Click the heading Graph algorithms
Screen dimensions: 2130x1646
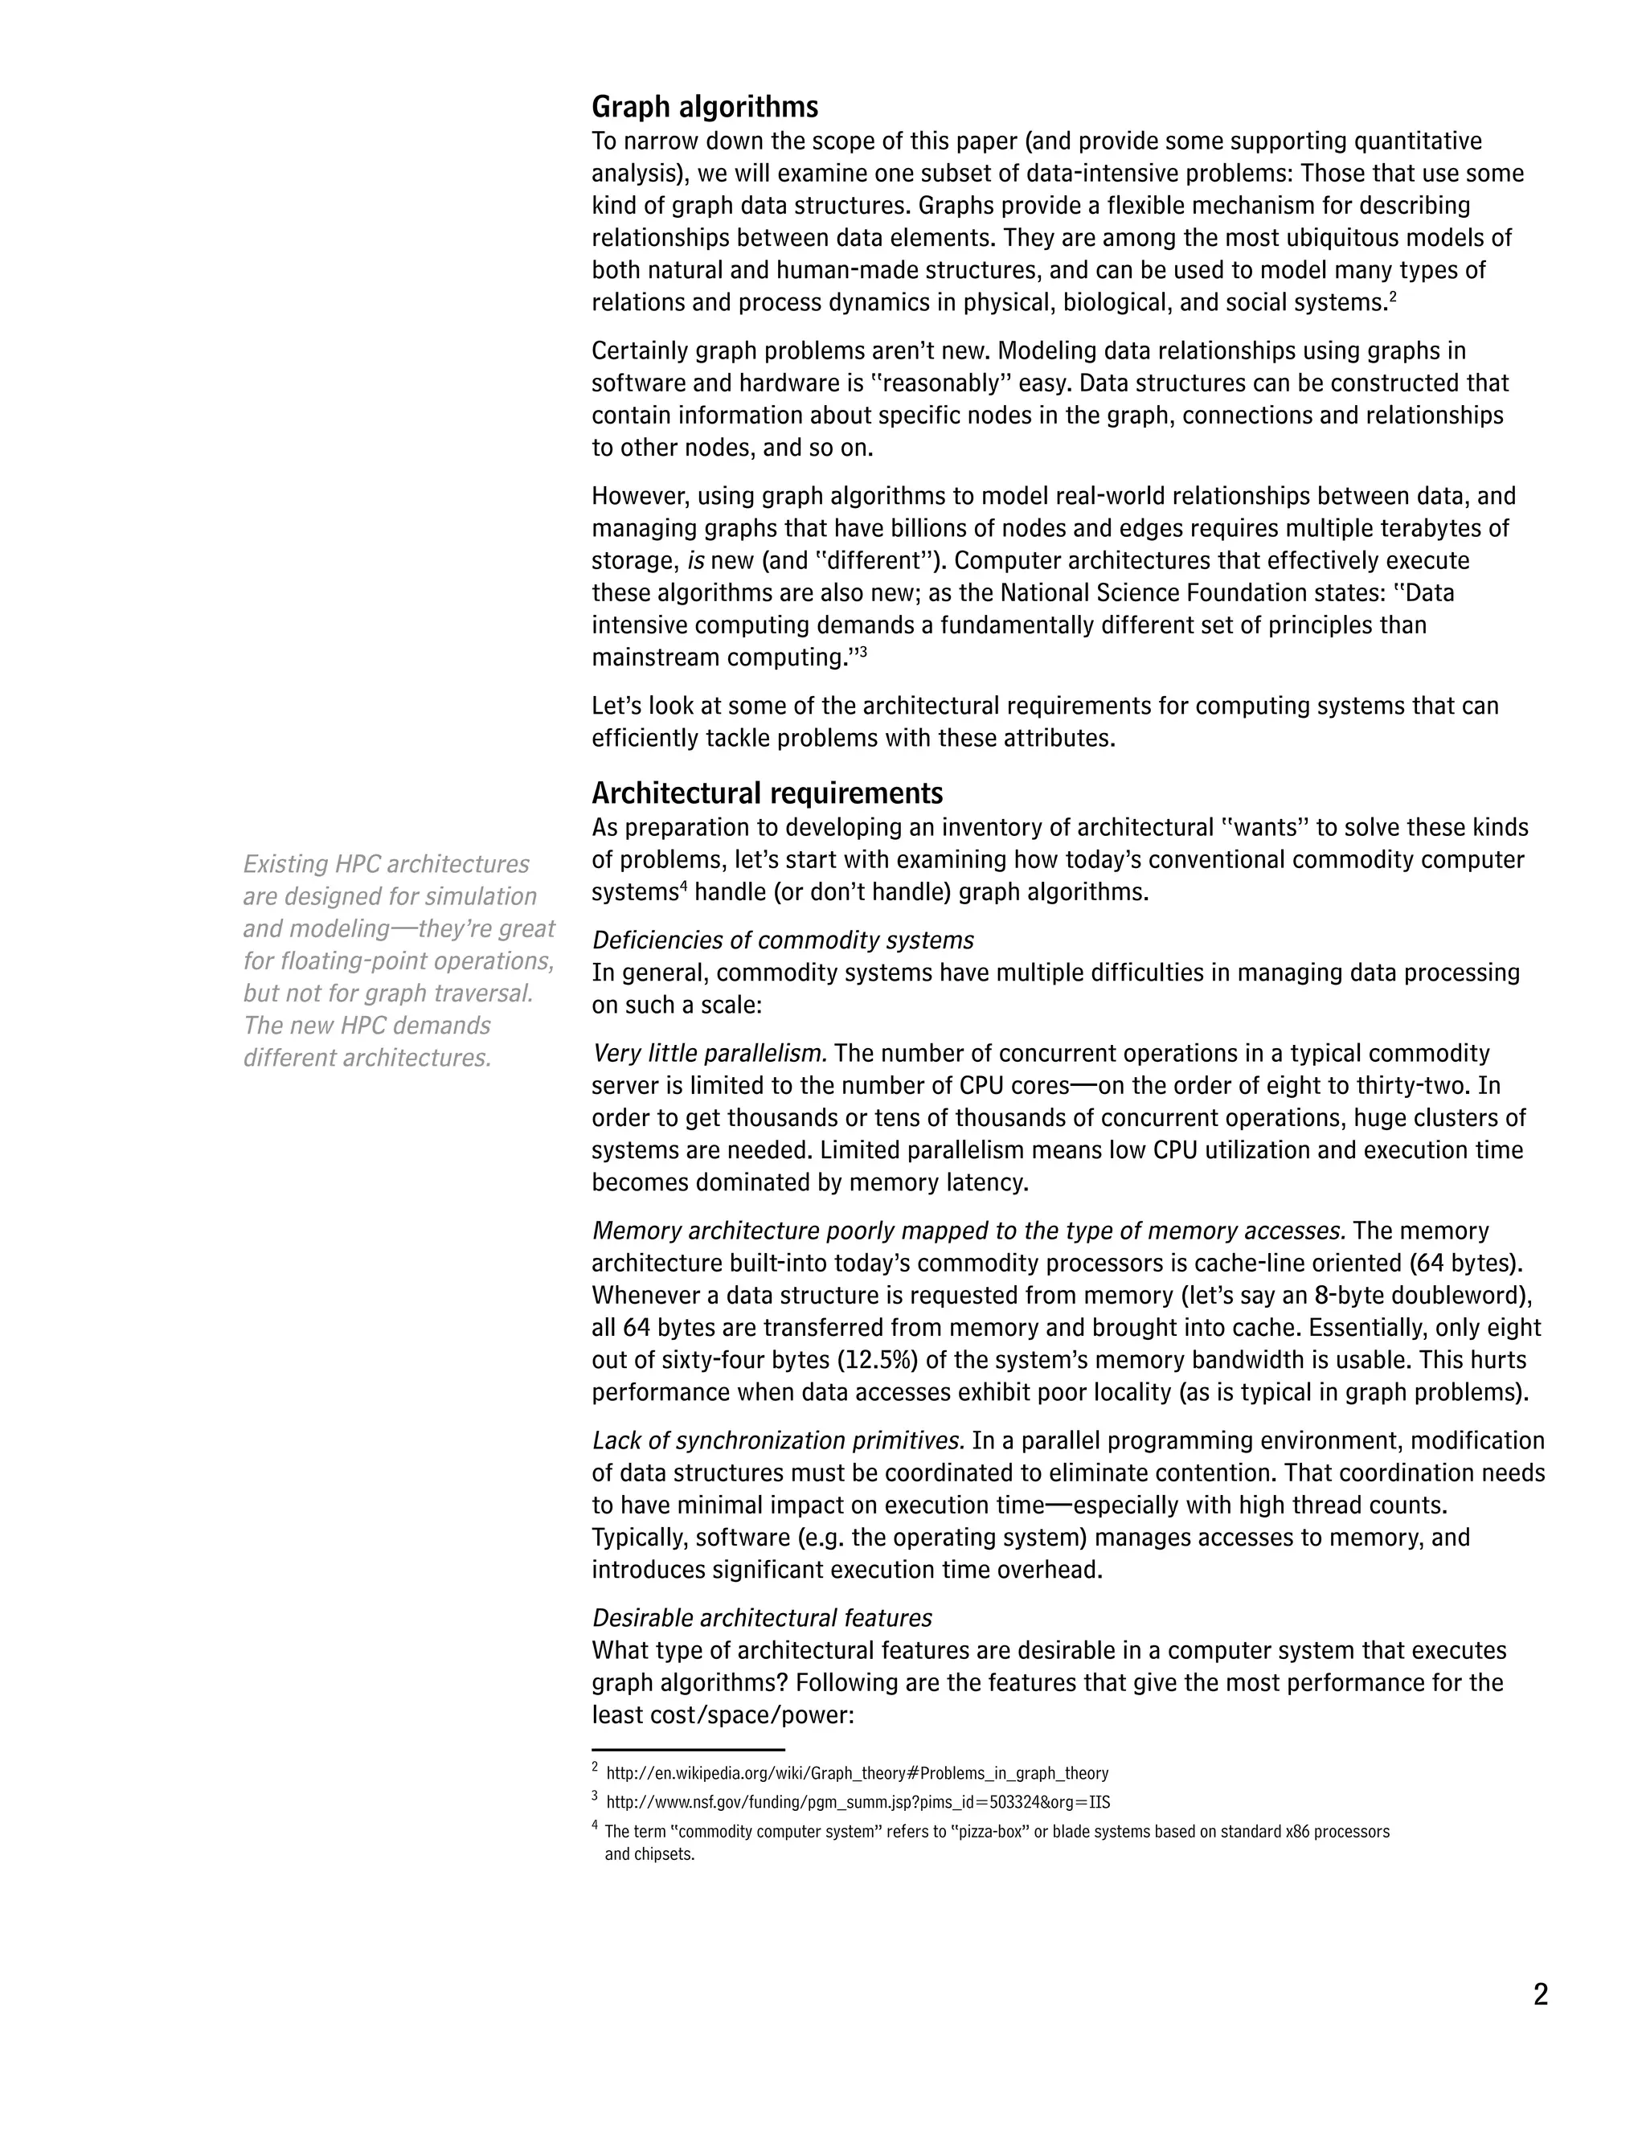704,106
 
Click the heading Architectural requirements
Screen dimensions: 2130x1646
767,792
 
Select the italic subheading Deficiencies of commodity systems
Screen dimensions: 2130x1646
782,940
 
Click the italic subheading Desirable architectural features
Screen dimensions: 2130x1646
762,1618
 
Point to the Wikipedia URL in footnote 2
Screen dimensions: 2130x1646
856,1773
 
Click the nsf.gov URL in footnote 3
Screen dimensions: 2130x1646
857,1801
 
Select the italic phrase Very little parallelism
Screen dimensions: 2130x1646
710,1053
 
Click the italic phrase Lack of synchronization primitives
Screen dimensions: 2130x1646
778,1440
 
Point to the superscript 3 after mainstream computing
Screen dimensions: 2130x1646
862,650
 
